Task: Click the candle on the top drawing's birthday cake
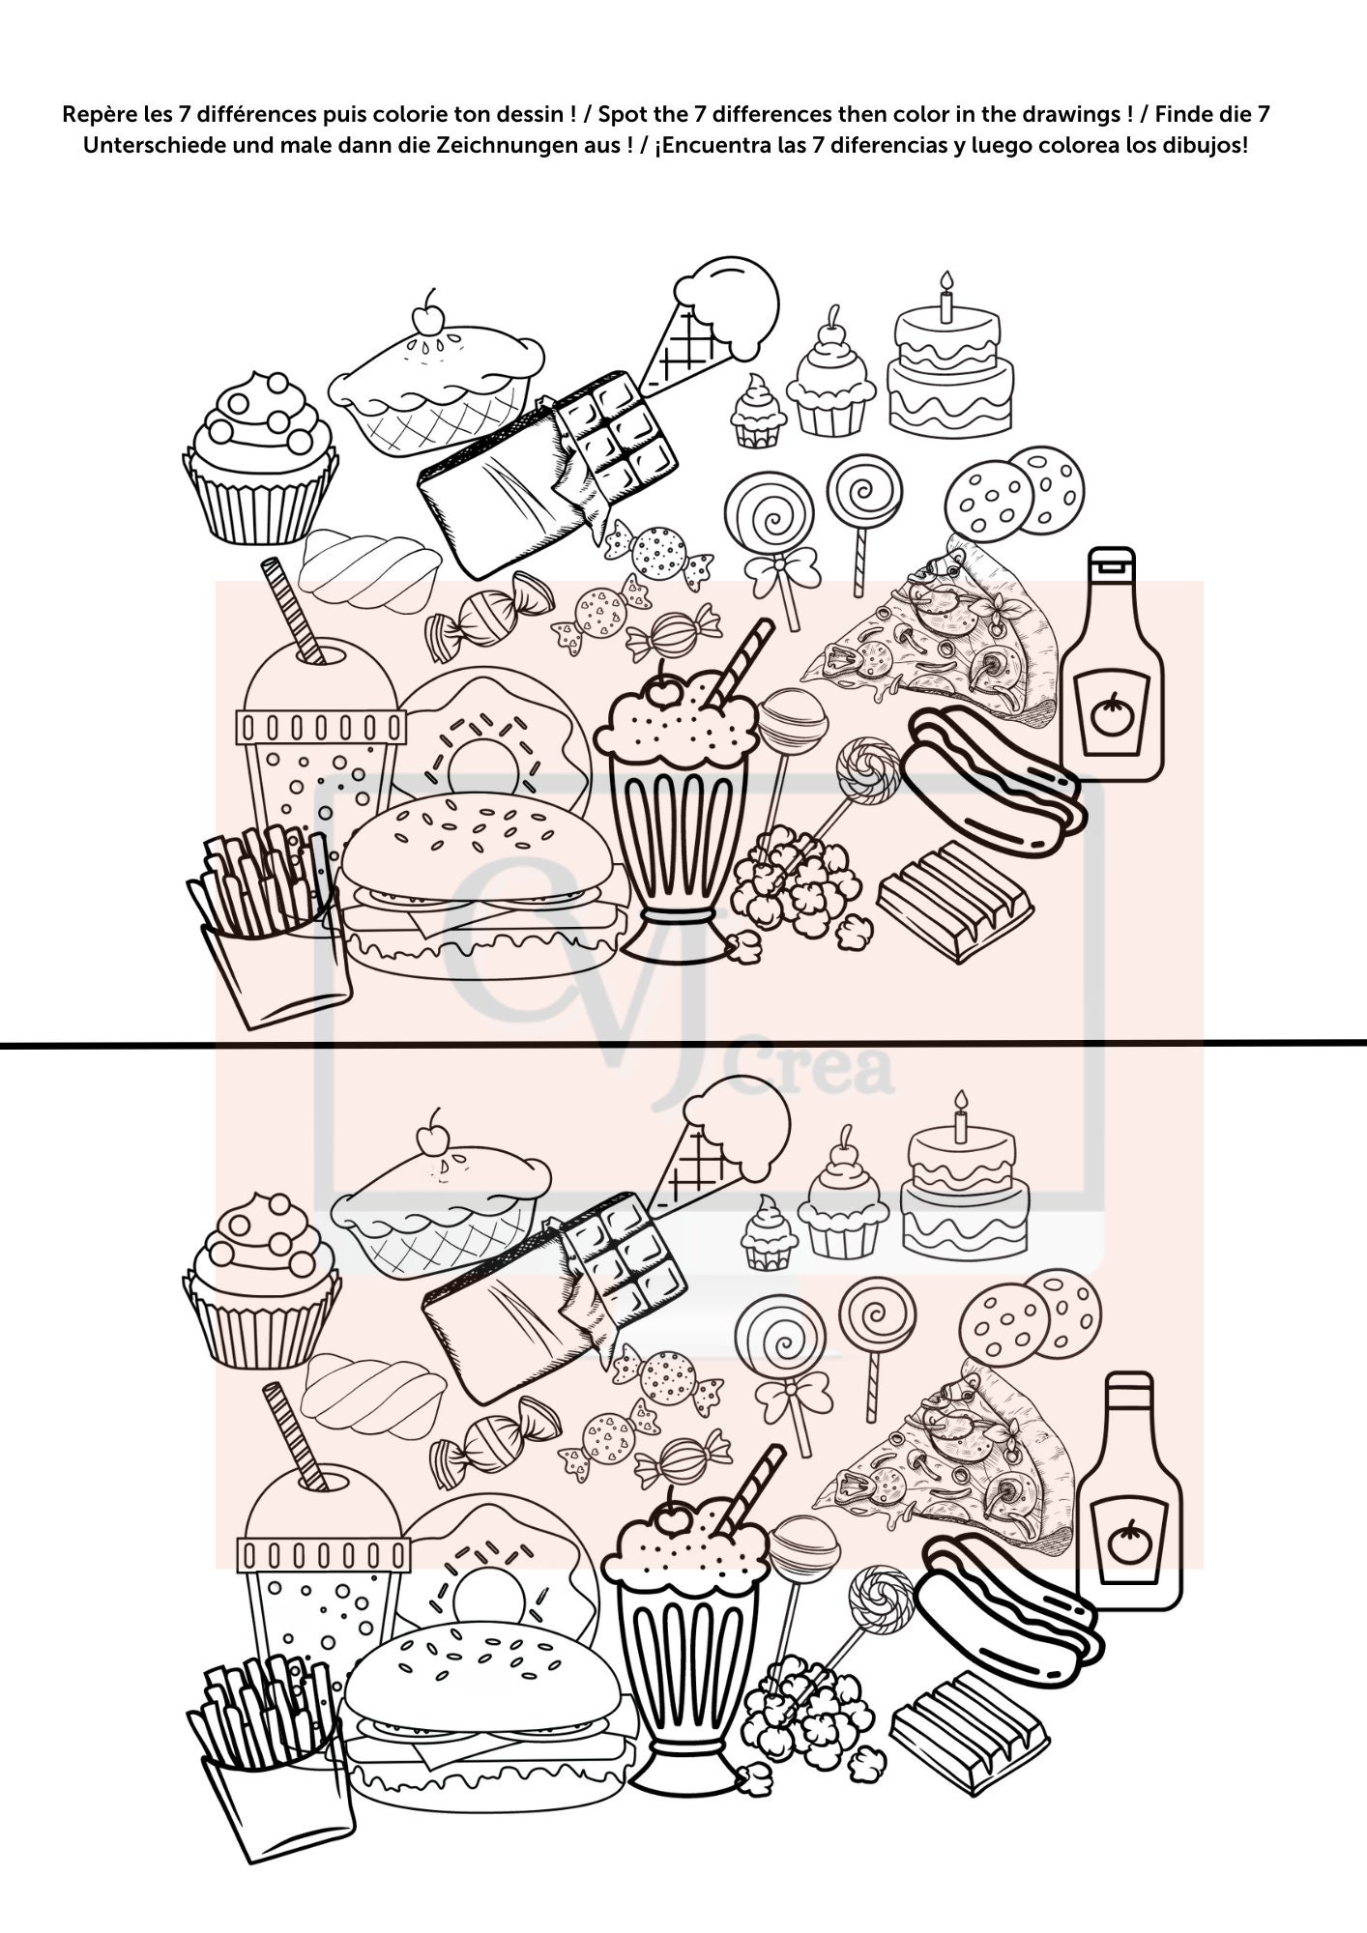[946, 287]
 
